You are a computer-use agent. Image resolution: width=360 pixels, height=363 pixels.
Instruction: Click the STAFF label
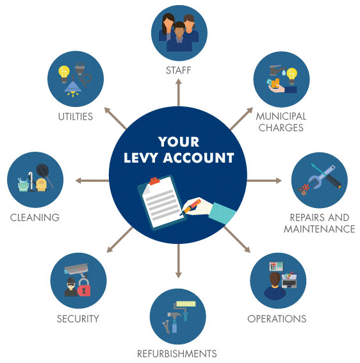pyautogui.click(x=178, y=70)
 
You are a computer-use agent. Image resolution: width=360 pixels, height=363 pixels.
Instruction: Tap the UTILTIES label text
pyautogui.click(x=76, y=117)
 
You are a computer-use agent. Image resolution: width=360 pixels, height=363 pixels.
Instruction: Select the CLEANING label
pyautogui.click(x=35, y=218)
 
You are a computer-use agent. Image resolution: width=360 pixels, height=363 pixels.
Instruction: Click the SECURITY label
pyautogui.click(x=78, y=319)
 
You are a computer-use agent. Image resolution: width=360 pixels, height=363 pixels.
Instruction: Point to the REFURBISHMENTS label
pyautogui.click(x=177, y=354)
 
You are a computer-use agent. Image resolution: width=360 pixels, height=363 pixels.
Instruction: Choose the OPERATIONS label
pyautogui.click(x=277, y=319)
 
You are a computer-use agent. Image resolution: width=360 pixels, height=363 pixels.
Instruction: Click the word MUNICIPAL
pyautogui.click(x=281, y=117)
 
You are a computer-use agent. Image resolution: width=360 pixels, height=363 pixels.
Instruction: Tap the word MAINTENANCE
pyautogui.click(x=320, y=229)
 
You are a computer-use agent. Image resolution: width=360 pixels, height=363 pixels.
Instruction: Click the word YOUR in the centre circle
pyautogui.click(x=179, y=141)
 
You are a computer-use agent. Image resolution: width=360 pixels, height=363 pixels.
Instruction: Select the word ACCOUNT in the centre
pyautogui.click(x=199, y=158)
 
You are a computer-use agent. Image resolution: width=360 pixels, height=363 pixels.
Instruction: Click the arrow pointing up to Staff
pyautogui.click(x=178, y=92)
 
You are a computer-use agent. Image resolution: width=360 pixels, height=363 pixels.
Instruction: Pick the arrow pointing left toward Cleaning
pyautogui.click(x=92, y=181)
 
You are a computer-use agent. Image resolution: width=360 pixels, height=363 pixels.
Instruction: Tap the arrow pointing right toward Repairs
pyautogui.click(x=265, y=181)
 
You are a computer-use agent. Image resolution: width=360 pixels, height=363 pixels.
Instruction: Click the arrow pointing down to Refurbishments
pyautogui.click(x=178, y=261)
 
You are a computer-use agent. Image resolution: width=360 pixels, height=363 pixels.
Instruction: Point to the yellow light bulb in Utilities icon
pyautogui.click(x=64, y=74)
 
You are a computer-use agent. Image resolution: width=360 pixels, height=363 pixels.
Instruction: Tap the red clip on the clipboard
pyautogui.click(x=154, y=181)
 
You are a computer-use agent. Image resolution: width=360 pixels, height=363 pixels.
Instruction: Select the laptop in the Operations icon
pyautogui.click(x=289, y=281)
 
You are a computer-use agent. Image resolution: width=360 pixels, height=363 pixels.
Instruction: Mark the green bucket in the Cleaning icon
pyautogui.click(x=24, y=185)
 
